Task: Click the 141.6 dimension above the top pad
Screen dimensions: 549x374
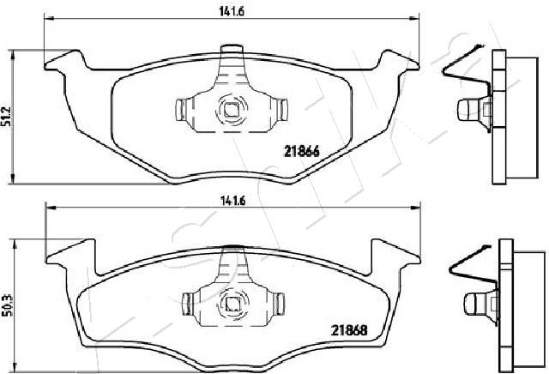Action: [232, 11]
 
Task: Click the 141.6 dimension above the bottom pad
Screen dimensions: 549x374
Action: [232, 201]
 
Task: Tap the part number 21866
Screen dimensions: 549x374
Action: [301, 152]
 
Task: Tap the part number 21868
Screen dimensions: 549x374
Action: [349, 330]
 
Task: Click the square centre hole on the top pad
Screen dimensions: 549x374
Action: [231, 110]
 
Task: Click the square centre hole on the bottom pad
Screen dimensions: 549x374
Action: [232, 303]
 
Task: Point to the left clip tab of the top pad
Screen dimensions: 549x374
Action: [181, 110]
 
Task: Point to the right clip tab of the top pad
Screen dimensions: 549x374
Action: [281, 109]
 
